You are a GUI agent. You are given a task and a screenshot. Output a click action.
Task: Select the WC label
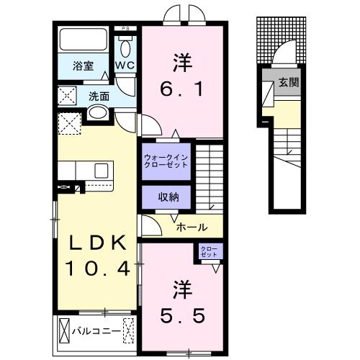click(125, 65)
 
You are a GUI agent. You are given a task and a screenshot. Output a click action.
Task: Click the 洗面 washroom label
click(99, 94)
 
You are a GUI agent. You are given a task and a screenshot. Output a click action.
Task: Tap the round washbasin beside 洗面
click(98, 113)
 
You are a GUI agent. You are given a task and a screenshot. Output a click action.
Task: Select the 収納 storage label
click(165, 197)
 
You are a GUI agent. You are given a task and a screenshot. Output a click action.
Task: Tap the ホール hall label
click(192, 227)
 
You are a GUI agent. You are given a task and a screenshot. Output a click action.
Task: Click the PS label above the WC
click(127, 30)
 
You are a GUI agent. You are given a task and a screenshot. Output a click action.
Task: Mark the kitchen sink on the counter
click(101, 170)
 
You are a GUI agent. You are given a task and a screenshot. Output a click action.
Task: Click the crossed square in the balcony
click(129, 331)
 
